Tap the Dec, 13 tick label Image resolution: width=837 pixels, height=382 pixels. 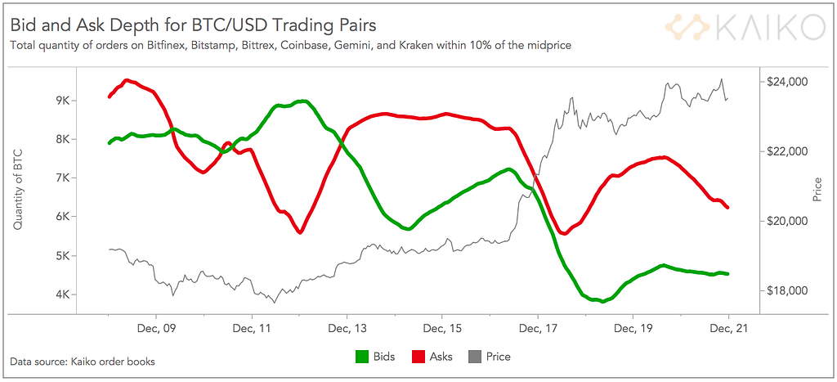click(x=347, y=329)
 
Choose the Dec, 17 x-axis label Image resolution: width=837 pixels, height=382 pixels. click(x=537, y=329)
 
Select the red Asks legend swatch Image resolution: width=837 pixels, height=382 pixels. click(x=418, y=357)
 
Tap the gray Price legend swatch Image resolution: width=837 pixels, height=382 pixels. click(x=473, y=357)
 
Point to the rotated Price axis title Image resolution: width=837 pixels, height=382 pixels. click(x=817, y=190)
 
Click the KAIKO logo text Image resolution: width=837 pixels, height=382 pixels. click(x=768, y=27)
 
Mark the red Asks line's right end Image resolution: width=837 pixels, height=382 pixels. click(x=727, y=208)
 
